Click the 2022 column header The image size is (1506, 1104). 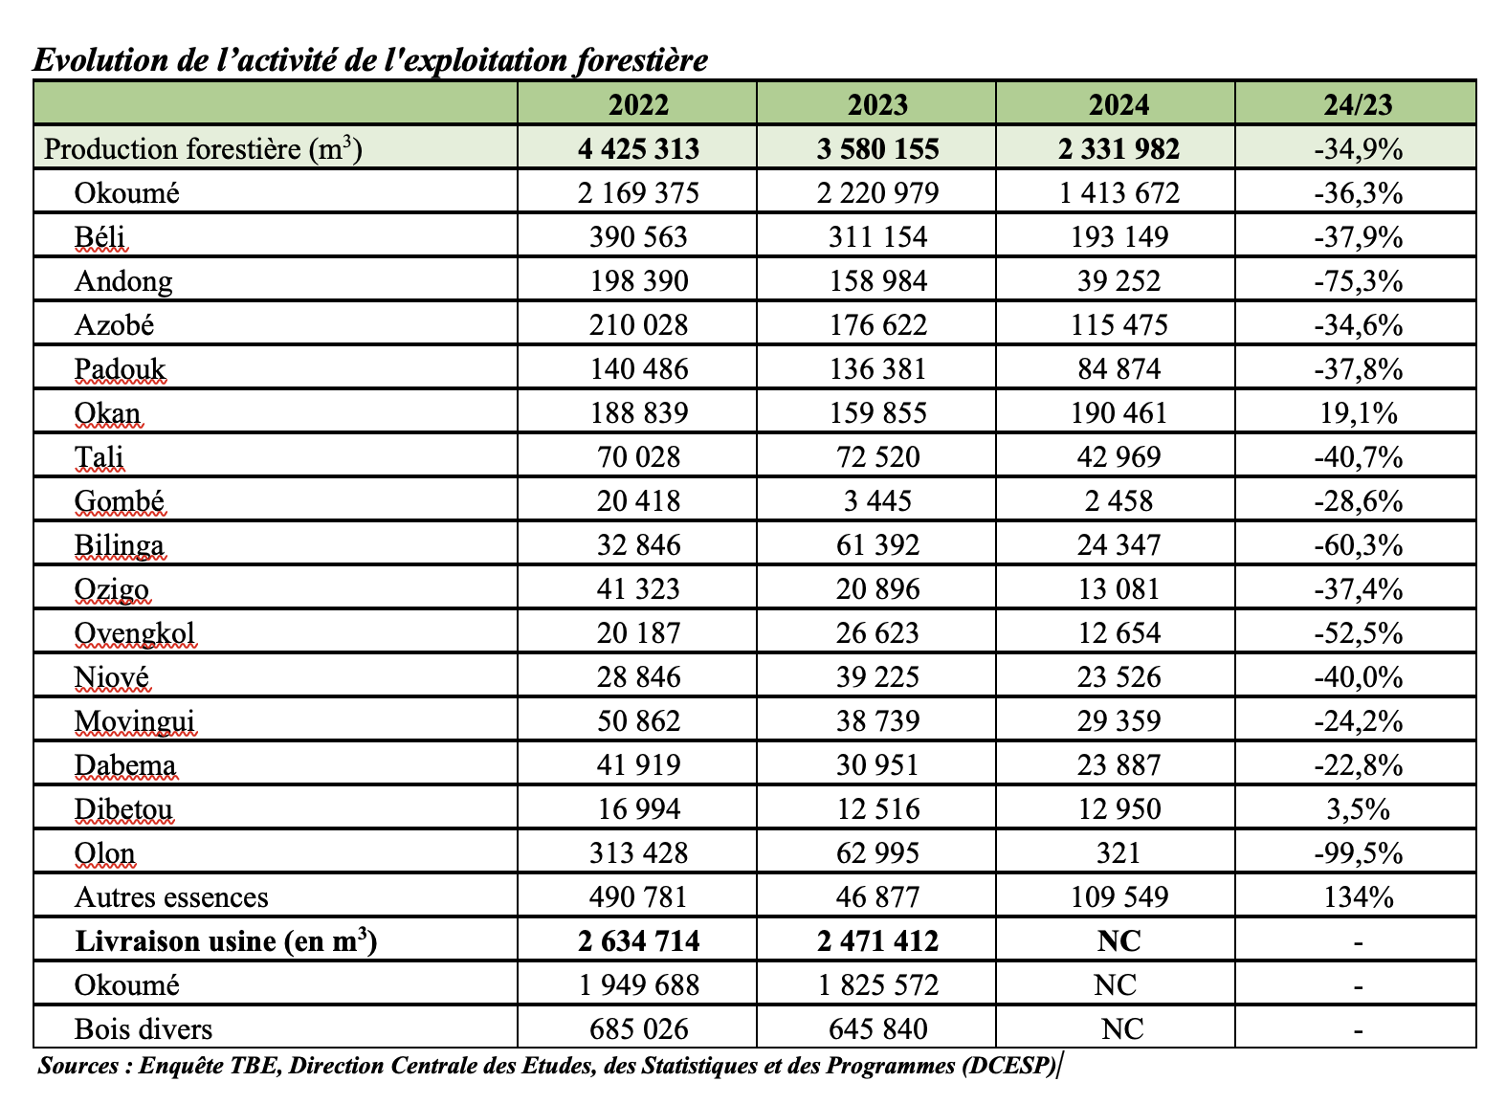[x=638, y=104]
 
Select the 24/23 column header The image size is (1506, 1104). [x=1358, y=104]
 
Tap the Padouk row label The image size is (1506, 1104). [x=120, y=369]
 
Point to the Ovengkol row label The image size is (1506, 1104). [x=135, y=633]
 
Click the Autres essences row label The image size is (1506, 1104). [x=171, y=897]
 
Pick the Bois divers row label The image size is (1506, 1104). [x=144, y=1029]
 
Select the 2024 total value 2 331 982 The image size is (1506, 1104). [x=1118, y=149]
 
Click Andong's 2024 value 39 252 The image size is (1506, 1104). [x=1118, y=281]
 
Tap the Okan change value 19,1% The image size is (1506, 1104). [x=1358, y=413]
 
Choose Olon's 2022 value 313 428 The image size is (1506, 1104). [x=638, y=853]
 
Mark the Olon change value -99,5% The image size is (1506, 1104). [x=1358, y=853]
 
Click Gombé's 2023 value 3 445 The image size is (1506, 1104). [x=877, y=501]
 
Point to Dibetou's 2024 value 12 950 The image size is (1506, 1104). [x=1118, y=809]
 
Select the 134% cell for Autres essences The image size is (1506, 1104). [x=1358, y=897]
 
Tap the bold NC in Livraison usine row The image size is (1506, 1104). [x=1118, y=941]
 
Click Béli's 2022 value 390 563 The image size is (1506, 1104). [x=638, y=237]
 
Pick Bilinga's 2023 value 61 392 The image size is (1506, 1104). [x=877, y=545]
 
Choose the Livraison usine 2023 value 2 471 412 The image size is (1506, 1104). [x=877, y=941]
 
